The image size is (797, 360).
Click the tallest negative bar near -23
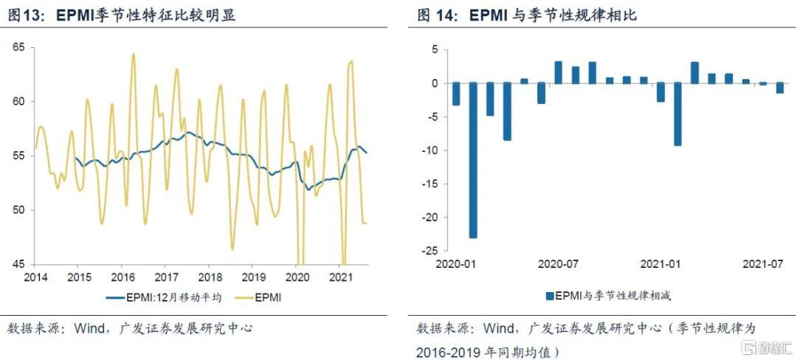coord(473,159)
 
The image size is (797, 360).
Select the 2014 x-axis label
coord(35,277)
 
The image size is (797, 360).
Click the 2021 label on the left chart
coord(339,277)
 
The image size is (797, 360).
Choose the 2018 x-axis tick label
coord(210,277)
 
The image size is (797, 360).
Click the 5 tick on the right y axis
coord(435,49)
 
